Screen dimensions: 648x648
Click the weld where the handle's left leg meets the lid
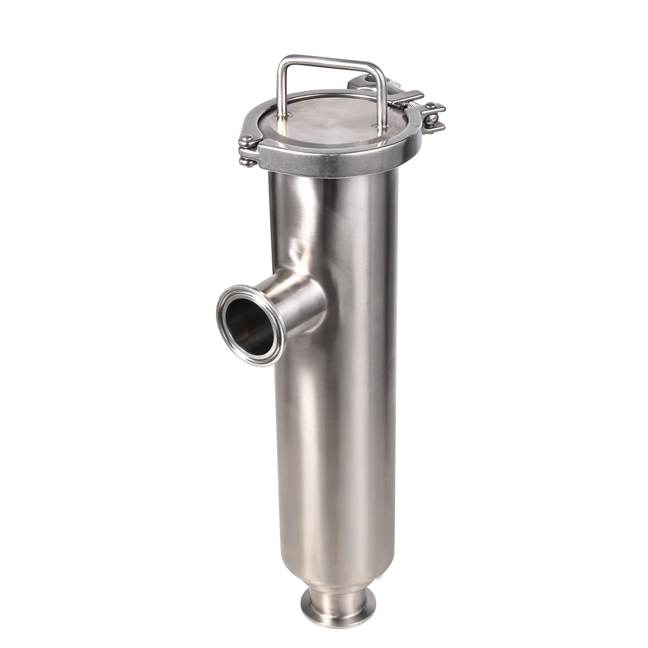click(283, 116)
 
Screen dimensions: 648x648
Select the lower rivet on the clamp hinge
click(247, 162)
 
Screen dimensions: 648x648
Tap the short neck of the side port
click(298, 302)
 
